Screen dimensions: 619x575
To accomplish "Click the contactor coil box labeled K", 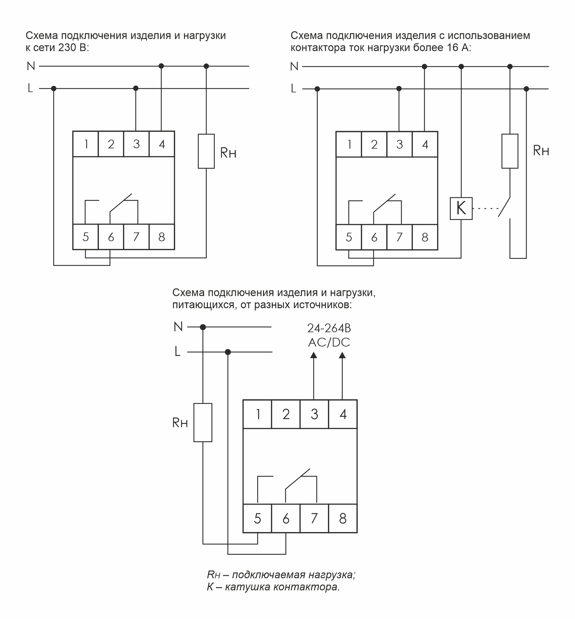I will pos(461,208).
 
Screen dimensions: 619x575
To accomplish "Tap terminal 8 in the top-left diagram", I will pos(162,237).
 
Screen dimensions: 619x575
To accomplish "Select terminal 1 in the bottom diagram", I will pos(258,414).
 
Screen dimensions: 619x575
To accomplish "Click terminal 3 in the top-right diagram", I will pos(400,144).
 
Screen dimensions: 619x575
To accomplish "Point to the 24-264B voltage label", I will pos(329,328).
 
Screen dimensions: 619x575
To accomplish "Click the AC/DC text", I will pos(329,343).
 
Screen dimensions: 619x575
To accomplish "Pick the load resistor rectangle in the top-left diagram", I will pos(206,151).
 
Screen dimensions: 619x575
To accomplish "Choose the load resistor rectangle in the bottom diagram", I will pos(203,422).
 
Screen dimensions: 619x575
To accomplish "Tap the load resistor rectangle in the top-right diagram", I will pos(509,151).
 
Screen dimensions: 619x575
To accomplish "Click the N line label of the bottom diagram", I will pos(178,327).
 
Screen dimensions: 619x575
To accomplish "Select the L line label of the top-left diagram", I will pos(30,88).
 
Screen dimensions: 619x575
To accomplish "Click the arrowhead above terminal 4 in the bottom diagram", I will pos(342,355).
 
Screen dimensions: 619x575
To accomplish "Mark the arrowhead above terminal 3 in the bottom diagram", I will pos(314,355).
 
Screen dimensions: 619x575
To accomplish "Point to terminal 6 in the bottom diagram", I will pos(286,518).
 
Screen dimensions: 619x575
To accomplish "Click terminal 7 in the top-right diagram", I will pos(400,237).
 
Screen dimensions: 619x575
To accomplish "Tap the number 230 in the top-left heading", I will pos(68,48).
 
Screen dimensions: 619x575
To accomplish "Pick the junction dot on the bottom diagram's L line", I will pos(228,352).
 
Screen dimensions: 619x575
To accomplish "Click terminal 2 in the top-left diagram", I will pos(111,144).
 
